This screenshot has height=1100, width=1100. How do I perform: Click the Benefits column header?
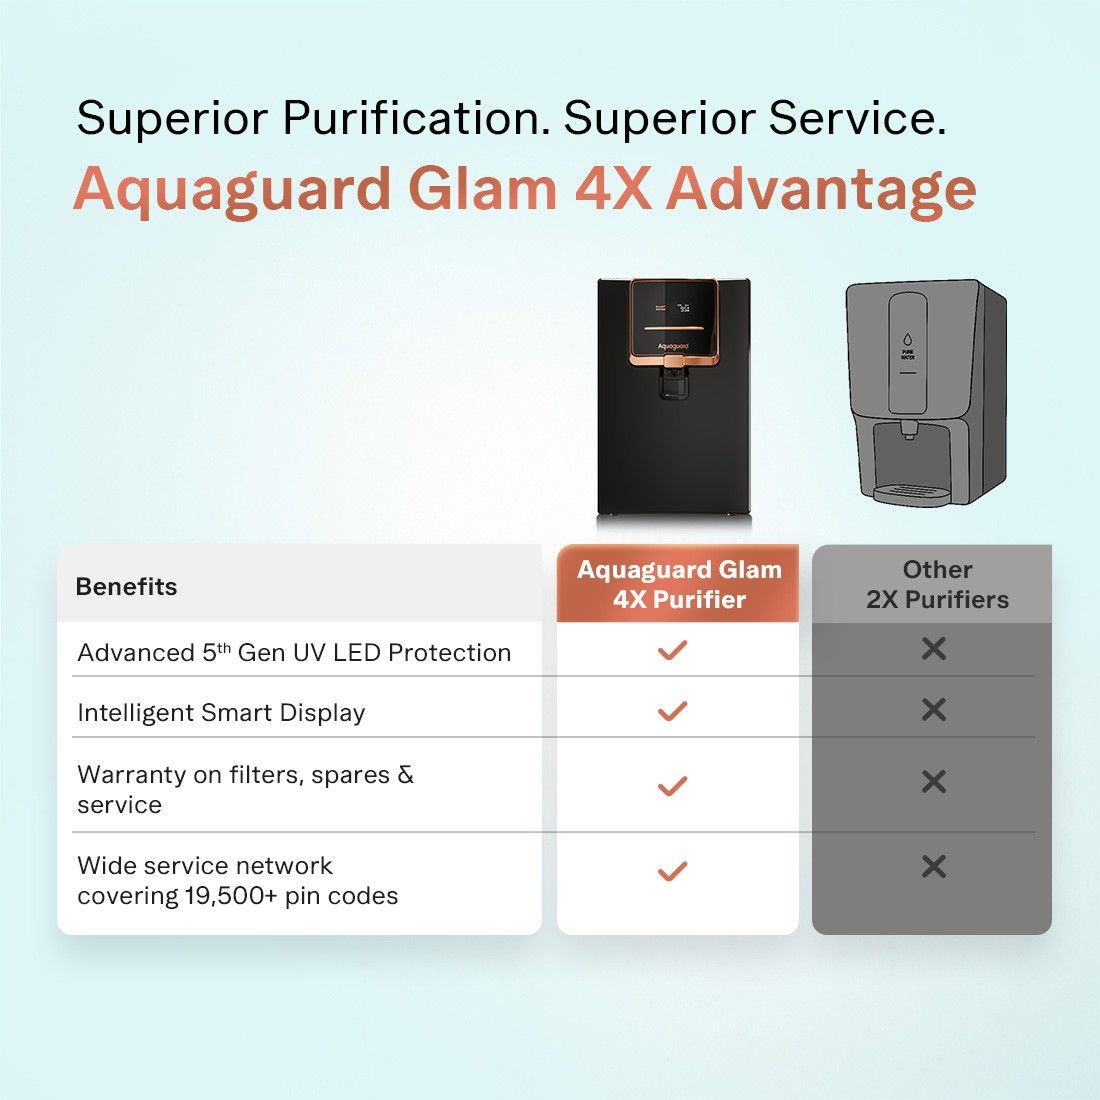point(126,586)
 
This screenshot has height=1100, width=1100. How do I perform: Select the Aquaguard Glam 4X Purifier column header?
point(678,584)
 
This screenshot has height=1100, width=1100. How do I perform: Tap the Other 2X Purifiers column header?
point(937,584)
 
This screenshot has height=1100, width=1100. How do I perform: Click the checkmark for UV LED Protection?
point(672,650)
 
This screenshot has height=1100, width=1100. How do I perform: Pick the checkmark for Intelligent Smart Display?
point(672,711)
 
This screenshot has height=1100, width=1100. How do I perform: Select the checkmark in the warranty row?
point(672,786)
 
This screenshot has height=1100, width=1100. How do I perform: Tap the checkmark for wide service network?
point(672,871)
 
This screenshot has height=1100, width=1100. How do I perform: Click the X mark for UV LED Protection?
point(934,649)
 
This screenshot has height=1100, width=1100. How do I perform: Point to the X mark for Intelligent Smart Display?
point(934,709)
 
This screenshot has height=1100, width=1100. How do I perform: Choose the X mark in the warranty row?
point(934,781)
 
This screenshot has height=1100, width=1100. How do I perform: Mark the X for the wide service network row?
point(934,866)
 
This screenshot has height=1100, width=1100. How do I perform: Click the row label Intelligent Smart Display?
point(221,713)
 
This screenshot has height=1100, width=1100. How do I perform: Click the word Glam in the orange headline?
point(483,188)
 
